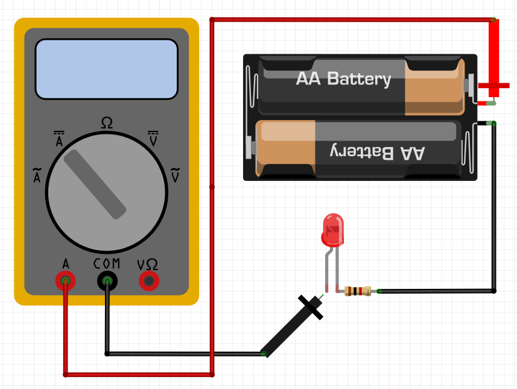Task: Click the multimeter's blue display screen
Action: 106,69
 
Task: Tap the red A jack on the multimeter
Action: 65,280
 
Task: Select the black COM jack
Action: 107,280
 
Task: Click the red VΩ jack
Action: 148,280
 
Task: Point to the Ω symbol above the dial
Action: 106,123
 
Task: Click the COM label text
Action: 107,264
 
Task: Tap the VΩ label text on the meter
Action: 148,264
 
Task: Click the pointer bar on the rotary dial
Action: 95,184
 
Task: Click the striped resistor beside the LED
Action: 357,292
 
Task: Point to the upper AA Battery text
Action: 343,79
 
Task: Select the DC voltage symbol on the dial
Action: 154,138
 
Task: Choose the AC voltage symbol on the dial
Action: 176,175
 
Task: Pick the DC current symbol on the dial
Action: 59,139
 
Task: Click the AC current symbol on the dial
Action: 37,176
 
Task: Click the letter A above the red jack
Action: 65,264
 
